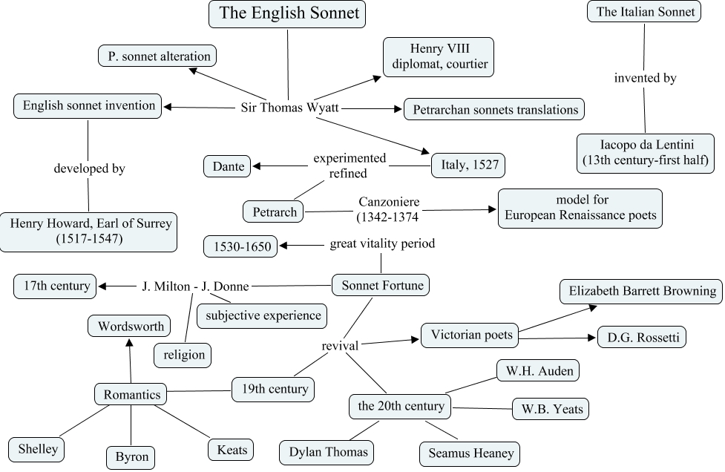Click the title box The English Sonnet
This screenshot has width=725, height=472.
pos(287,13)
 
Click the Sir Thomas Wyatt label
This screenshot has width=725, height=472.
pos(290,108)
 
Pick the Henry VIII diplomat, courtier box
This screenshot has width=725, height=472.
pos(439,56)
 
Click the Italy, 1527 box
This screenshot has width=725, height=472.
pos(468,164)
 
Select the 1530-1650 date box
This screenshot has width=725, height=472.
pos(241,246)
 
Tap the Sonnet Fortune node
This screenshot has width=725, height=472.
pos(381,284)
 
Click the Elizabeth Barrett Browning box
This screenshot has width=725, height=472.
pos(640,292)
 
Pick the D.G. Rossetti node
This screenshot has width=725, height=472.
pos(642,337)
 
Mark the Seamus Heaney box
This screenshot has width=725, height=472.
pos(470,452)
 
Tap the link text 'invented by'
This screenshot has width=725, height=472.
pos(645,78)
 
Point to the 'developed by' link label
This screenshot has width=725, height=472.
pos(89,168)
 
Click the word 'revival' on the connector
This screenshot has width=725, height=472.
pos(340,346)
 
